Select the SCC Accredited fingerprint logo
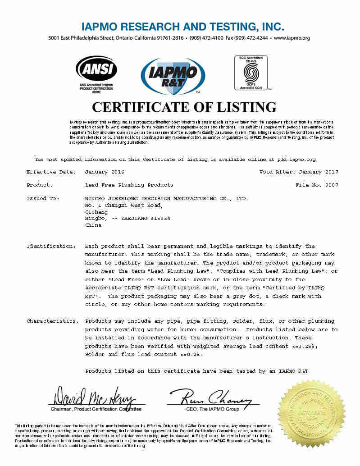251,72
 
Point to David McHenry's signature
95,396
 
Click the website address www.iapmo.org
292,38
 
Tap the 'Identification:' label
51,247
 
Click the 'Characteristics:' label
53,321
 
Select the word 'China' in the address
93,225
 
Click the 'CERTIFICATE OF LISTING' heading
184,107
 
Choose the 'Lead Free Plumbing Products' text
129,185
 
